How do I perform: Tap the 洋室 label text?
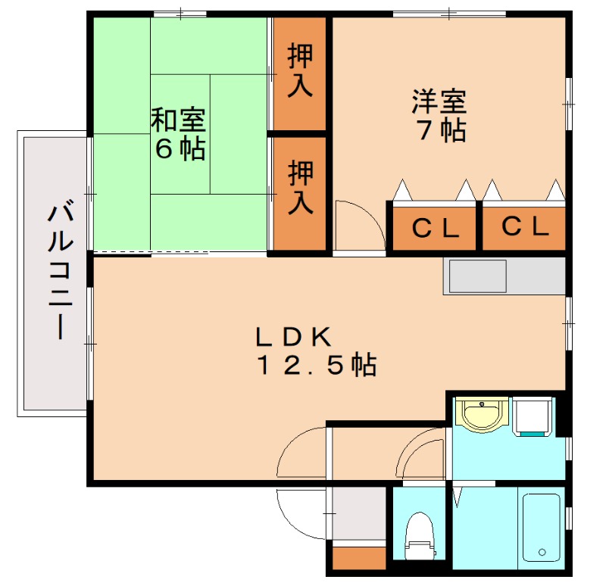click(x=439, y=100)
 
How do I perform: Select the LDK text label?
click(x=292, y=335)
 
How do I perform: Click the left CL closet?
click(x=435, y=227)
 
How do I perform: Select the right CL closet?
click(x=524, y=226)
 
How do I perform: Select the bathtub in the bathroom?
click(x=541, y=526)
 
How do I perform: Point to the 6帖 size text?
click(x=180, y=148)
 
